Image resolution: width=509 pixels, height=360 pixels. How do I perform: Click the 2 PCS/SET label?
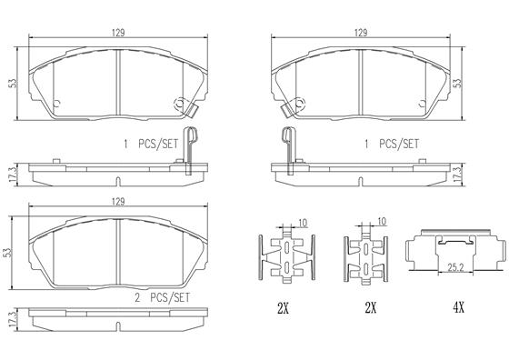tap(162, 297)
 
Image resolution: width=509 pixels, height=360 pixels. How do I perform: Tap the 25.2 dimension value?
tap(455, 267)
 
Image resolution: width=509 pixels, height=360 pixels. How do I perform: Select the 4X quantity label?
tap(459, 307)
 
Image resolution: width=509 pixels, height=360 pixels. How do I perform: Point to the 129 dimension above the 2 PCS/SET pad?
tap(118, 202)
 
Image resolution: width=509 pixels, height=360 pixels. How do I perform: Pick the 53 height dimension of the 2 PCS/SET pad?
tap(8, 253)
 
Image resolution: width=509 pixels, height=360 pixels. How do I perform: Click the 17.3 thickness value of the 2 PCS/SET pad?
tap(13, 320)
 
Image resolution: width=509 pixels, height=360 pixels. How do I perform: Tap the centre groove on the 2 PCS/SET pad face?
tap(118, 252)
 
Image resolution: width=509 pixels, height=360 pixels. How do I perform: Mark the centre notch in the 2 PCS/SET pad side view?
tap(118, 326)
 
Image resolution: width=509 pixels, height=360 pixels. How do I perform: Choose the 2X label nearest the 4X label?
tap(371, 307)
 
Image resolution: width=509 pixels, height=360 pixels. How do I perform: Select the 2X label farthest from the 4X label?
tap(283, 307)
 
